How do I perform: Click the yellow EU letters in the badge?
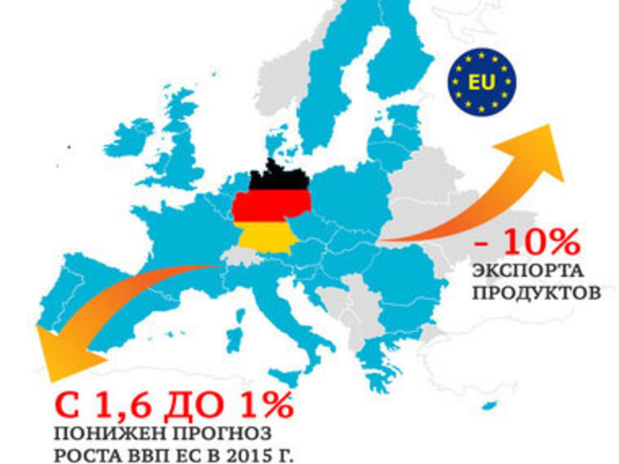pyautogui.click(x=481, y=82)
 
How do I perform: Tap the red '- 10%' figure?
pyautogui.click(x=528, y=242)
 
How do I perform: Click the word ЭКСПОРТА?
pyautogui.click(x=528, y=271)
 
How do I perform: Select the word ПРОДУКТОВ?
pyautogui.click(x=536, y=293)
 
